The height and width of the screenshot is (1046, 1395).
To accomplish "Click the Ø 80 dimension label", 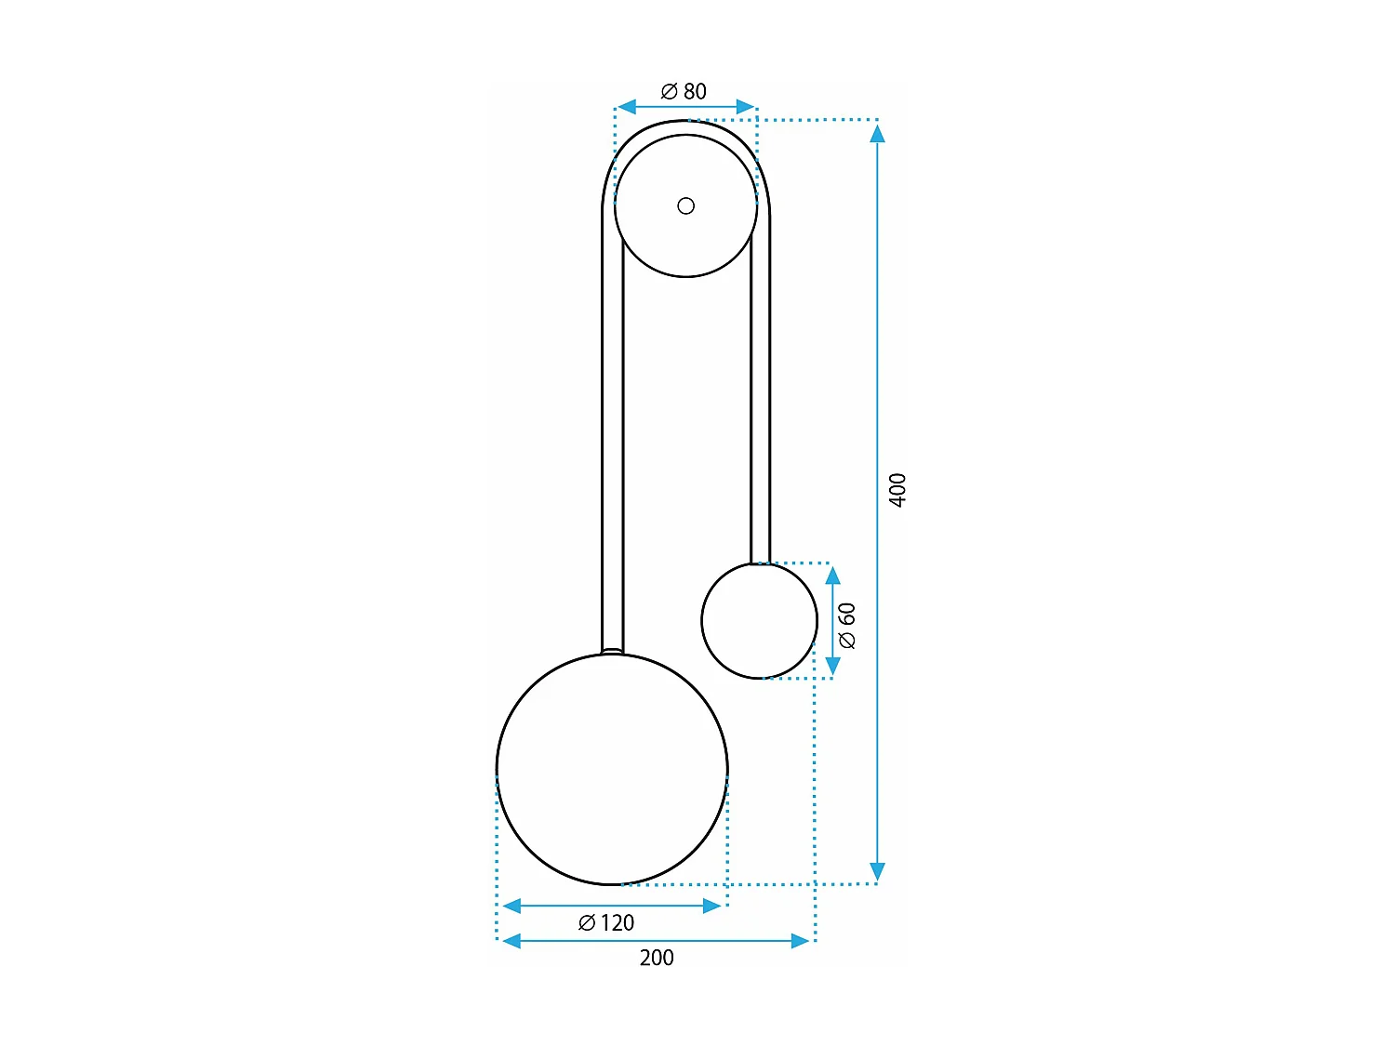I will [x=684, y=91].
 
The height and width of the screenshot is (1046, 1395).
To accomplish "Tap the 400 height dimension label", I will [x=897, y=490].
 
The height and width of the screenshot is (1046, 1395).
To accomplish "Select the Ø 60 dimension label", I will [x=846, y=625].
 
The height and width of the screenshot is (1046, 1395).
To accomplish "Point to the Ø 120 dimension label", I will [x=606, y=922].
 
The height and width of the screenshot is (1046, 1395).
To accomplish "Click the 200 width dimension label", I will [x=657, y=958].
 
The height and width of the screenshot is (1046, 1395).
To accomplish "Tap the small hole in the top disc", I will [x=686, y=205].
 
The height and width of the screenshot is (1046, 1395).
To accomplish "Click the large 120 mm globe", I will [x=612, y=769].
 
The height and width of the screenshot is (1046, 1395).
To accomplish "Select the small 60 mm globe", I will [x=759, y=621].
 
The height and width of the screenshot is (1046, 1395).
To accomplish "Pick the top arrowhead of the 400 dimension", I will [x=877, y=134].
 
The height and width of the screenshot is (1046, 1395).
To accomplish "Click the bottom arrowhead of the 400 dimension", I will [x=877, y=871].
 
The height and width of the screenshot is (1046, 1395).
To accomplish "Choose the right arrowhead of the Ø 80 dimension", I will [x=746, y=107].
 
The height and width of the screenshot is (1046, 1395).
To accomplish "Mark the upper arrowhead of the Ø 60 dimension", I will [x=833, y=576].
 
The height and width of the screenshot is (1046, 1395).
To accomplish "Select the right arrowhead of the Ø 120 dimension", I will [x=712, y=906].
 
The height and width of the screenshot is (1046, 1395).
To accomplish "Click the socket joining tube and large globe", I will [x=612, y=652].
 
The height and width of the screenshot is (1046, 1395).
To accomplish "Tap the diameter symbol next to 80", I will [x=670, y=91].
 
